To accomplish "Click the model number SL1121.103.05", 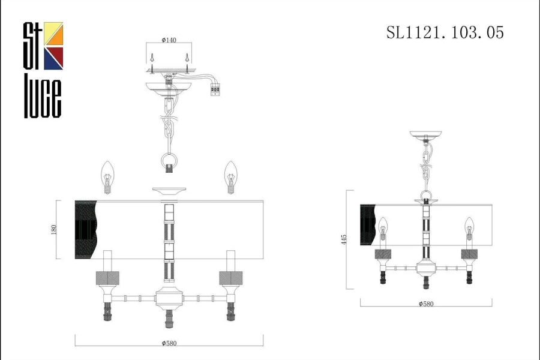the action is pos(445,33).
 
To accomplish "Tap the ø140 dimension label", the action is pos(169,40).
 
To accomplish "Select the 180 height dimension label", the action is pos(54,230).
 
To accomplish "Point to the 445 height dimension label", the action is pos(344,240).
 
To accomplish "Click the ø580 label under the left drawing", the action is pos(169,343).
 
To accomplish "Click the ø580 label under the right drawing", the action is pos(426,304).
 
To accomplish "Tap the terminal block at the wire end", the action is pos(215,90).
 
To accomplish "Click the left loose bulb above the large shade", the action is pos(107,177).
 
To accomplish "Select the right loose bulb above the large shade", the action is pos(231,177).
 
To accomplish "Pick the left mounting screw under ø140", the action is pos(152,64).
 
